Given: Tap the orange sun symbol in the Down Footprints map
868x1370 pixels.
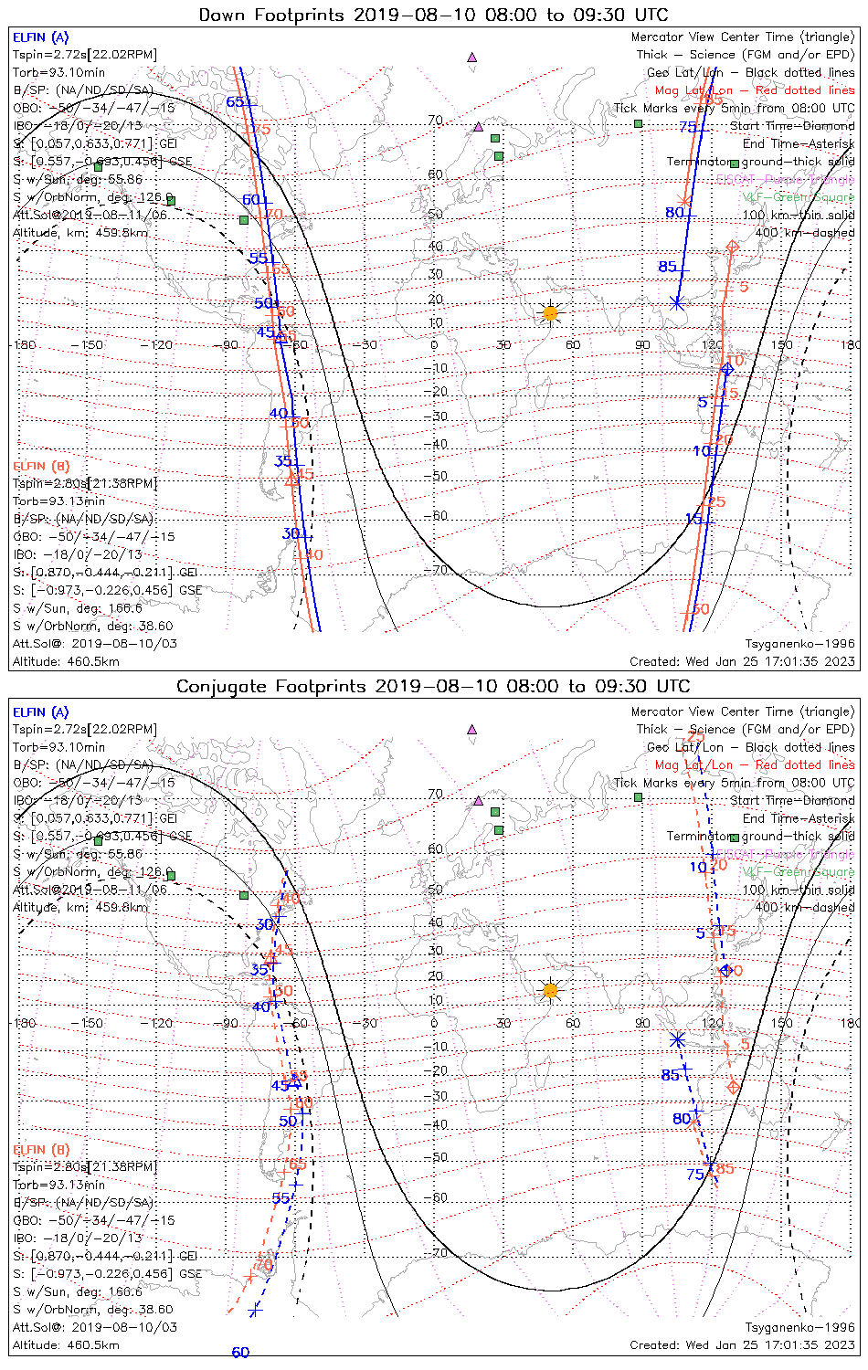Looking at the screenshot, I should point(550,313).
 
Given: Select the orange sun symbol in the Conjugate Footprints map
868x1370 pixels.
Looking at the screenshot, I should point(550,990).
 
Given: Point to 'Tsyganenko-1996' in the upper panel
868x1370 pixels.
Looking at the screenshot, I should point(799,644).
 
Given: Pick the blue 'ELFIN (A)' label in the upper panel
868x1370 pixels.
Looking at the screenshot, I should point(40,37).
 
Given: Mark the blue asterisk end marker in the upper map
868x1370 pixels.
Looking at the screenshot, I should point(677,302).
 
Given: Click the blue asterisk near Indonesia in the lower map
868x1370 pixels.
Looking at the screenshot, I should point(677,1039).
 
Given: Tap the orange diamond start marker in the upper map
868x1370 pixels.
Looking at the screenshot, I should point(732,247).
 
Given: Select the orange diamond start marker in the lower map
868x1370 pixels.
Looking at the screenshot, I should point(733,1087).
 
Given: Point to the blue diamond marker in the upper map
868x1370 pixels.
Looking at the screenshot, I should point(727,369).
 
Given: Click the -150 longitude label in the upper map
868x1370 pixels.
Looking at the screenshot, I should point(91,345).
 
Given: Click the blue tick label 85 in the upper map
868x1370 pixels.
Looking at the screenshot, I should point(668,267).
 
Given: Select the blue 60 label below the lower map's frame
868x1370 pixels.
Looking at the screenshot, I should point(240,1353).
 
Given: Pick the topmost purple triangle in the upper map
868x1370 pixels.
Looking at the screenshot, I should point(472,57).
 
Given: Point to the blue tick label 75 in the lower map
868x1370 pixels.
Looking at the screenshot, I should point(695,1175).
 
